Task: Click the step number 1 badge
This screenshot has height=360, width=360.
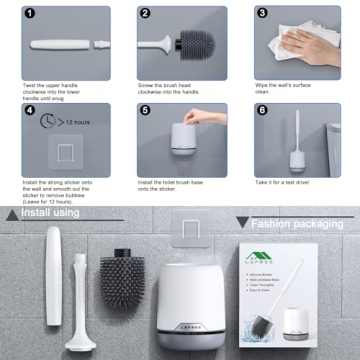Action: [x=29, y=14]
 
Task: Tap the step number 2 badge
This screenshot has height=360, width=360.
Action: [x=145, y=14]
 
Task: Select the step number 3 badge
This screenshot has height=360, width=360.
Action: [x=261, y=14]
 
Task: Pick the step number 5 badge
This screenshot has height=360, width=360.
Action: [x=145, y=111]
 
